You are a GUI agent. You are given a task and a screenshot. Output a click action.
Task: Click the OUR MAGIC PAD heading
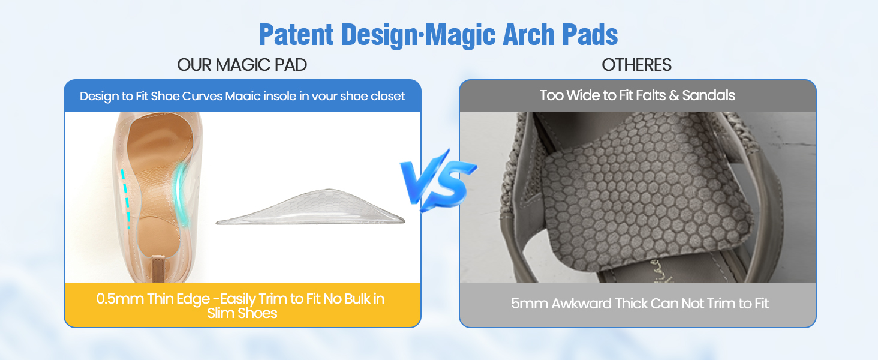242,65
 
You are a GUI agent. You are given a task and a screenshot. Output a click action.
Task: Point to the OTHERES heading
637,65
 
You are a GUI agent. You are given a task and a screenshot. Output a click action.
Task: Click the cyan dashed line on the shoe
125,198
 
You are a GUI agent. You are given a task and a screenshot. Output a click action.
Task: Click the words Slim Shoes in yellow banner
242,313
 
